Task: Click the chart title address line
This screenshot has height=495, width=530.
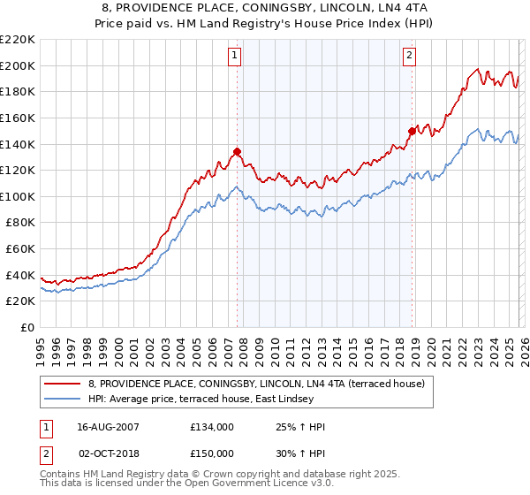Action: point(265,9)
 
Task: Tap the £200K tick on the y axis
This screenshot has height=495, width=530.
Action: point(18,65)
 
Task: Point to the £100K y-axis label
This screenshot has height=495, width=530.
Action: point(18,196)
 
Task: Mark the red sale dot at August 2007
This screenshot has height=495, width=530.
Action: point(237,151)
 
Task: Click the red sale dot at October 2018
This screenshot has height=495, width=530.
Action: point(412,131)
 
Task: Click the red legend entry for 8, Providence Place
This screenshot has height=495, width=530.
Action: point(256,384)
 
